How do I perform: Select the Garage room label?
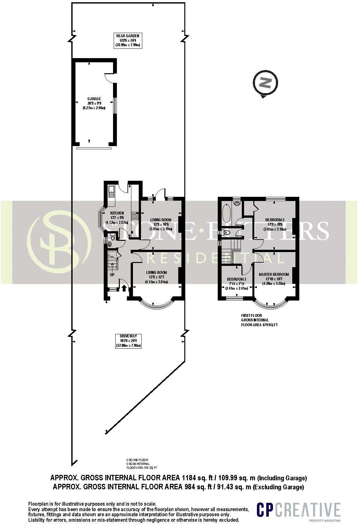94,103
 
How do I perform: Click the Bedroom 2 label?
275,224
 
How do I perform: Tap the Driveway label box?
128,341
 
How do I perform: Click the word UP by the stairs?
112,275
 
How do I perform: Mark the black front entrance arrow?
124,288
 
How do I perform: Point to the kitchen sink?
111,192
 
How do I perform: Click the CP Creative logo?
298,510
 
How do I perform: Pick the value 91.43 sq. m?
236,487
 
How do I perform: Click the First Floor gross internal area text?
259,320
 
